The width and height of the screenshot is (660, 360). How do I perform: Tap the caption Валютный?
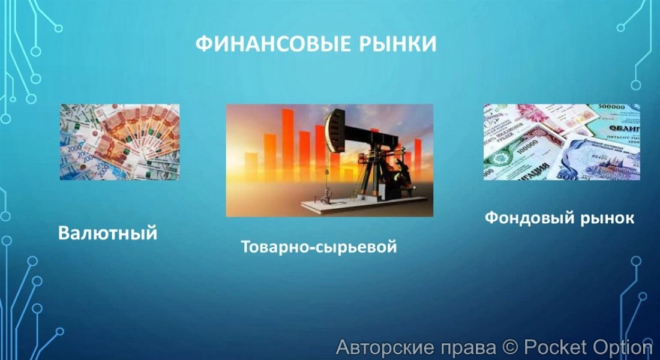(108, 232)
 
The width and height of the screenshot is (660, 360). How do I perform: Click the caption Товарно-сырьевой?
(319, 247)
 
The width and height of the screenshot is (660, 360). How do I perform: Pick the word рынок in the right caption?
(606, 218)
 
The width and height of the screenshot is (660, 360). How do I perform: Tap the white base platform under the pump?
(336, 206)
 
